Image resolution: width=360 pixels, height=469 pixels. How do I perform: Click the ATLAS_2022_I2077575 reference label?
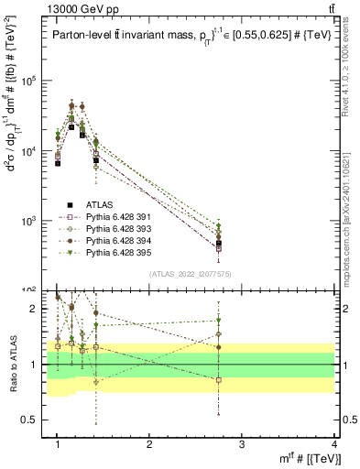(x=191, y=275)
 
